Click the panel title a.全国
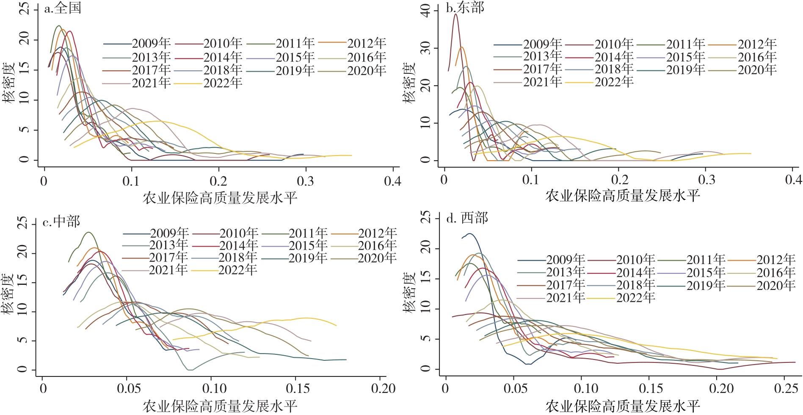(62, 8)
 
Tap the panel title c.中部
(62, 221)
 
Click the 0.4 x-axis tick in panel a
(393, 181)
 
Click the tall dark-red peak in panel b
(455, 14)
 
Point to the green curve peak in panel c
(88, 232)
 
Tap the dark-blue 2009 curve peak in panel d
(469, 234)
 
